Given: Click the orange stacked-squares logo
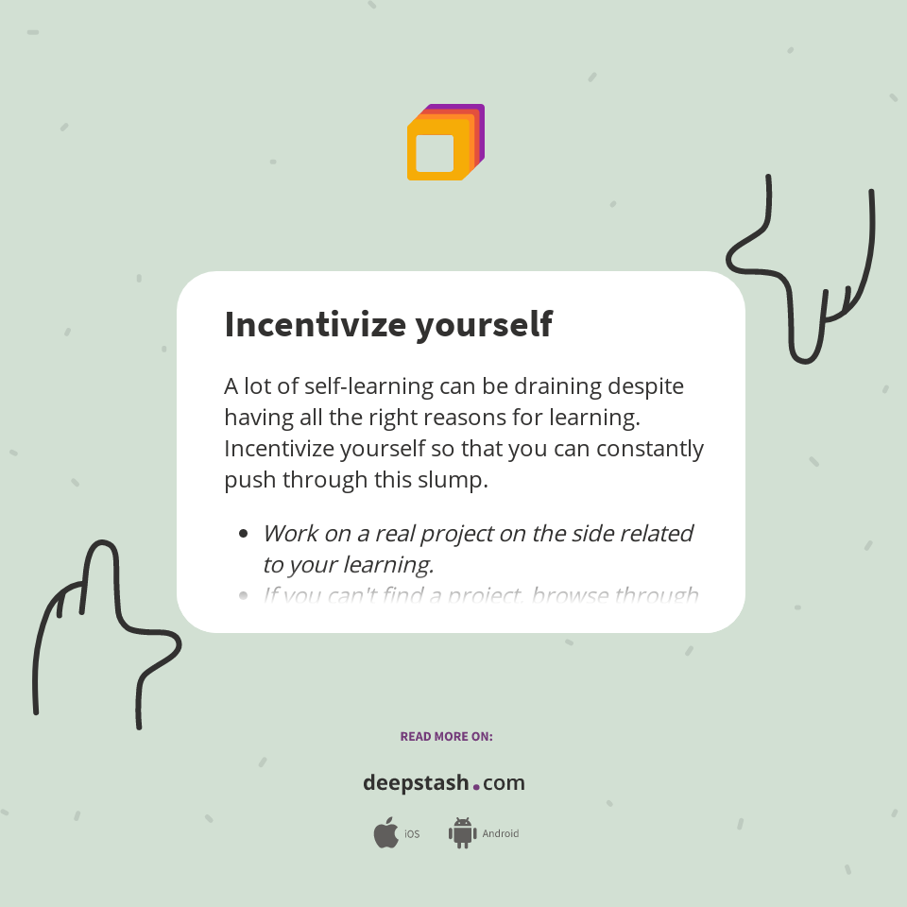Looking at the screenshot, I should pos(445,143).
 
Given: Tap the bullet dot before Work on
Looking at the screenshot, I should pos(244,534).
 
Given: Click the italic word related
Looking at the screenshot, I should pos(656,533).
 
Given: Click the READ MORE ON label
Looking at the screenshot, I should pos(446,736).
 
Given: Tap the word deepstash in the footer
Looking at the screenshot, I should pos(415,783).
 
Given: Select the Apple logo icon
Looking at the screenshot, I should pos(385,833).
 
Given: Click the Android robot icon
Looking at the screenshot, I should pos(462,833).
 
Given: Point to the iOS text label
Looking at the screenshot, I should pos(412,834).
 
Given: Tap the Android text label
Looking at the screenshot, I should pos(501,834).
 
